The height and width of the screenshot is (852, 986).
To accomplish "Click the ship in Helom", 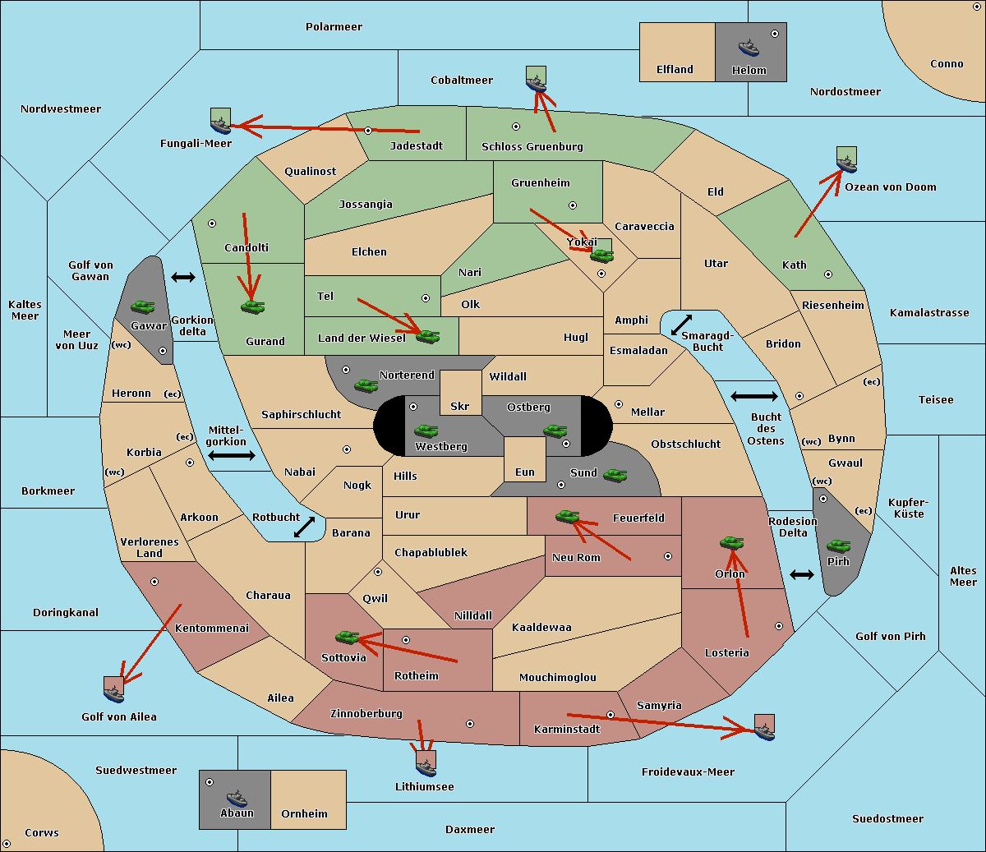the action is tap(749, 48).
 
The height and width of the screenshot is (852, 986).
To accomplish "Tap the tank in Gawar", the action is tap(143, 306).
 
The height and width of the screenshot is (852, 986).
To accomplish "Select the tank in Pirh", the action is tap(838, 546).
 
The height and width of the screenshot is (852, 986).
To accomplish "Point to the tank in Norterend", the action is tap(366, 385).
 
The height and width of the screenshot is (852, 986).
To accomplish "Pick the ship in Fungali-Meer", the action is tap(220, 125).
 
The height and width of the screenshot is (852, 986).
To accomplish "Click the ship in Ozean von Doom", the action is tap(846, 164).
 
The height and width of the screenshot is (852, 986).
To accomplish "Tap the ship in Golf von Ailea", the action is tap(113, 693).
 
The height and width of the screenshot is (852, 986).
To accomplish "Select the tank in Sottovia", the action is tap(347, 637).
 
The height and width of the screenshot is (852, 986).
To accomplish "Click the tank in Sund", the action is tap(615, 475).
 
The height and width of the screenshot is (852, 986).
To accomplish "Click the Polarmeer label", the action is tap(334, 27).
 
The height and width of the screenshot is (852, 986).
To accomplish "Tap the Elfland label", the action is tap(675, 70).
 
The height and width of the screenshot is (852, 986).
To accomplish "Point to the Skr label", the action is tap(460, 406).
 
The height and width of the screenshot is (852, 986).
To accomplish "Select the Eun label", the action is tap(525, 472).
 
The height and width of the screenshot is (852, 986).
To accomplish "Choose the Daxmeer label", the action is tap(470, 830).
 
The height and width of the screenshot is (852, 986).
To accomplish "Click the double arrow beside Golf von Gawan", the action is tap(183, 277).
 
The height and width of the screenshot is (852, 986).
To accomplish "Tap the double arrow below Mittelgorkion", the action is tap(232, 455).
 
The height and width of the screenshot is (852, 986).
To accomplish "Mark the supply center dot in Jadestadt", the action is tap(368, 131).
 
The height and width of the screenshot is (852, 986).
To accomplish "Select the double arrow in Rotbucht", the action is tap(304, 527).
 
